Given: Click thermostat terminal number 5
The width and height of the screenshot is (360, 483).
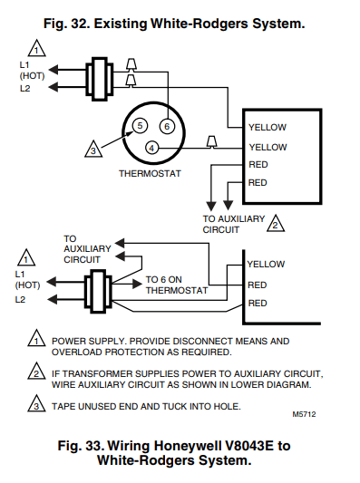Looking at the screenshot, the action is pos(140,126).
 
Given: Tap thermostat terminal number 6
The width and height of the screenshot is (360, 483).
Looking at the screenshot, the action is pos(167,126).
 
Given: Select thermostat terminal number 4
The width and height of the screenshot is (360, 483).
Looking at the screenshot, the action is pos(151,149).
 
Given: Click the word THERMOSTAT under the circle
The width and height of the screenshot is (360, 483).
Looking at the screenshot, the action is pos(150,173).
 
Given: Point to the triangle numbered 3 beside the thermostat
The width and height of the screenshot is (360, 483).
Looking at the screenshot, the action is pos(93,150).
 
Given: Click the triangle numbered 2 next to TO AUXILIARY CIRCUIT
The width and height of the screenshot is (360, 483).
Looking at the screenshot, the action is pos(276,224).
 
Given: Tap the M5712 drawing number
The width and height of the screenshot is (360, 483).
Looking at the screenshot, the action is pos(304,414).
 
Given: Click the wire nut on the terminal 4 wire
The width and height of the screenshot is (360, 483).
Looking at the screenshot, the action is pos(212,141).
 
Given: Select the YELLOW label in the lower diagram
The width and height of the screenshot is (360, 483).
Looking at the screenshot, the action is pos(266,265).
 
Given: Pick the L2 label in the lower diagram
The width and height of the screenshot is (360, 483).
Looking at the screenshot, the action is pos(20,299).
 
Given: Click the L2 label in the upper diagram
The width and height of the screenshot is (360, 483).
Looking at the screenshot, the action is pos(25,89).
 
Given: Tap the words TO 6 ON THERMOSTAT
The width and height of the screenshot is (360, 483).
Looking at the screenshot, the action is pos(177,285).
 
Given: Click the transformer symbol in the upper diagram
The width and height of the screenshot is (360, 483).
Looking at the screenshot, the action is pos(99,79).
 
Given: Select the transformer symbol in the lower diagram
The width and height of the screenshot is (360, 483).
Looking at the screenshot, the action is pos(98,292).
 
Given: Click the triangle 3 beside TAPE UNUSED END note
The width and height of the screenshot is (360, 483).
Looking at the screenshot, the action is pos(36,403).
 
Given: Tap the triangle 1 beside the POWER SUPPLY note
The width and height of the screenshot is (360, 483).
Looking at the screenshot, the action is pos(36,338).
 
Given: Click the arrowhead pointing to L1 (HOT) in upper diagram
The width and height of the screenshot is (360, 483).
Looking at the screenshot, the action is pos(53,70).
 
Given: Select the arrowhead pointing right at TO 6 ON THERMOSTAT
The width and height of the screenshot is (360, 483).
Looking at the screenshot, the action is pos(137,284).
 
